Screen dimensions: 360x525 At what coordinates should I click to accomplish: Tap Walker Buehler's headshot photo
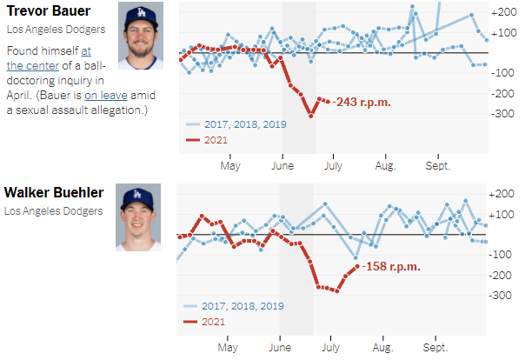(x=140, y=217)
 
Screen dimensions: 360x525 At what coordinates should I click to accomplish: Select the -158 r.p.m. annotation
(x=392, y=266)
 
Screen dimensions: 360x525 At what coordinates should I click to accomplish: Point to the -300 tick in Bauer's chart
(x=502, y=113)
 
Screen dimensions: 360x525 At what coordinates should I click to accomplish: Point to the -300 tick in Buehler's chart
(x=502, y=296)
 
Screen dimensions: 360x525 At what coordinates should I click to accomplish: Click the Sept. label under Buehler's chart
(x=436, y=346)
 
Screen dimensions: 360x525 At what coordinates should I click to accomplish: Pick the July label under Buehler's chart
(x=329, y=346)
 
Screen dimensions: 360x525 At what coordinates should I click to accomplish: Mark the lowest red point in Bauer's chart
(x=310, y=115)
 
